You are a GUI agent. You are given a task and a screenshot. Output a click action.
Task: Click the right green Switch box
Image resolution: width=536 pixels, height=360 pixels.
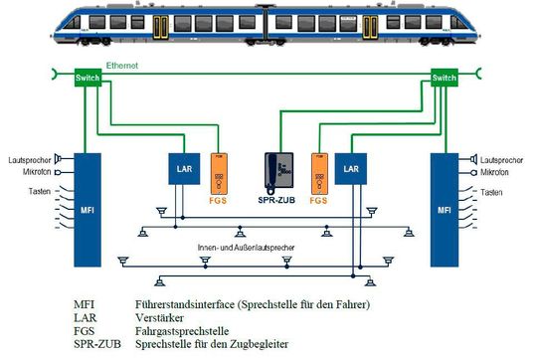[444, 78]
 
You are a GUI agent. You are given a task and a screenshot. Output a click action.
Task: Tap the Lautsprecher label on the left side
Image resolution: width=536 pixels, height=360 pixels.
[30, 158]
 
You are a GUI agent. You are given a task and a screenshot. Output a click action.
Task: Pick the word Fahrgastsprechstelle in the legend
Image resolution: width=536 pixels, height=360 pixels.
[174, 330]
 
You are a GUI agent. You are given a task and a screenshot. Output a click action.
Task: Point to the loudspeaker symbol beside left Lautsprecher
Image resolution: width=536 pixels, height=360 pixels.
[61, 158]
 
